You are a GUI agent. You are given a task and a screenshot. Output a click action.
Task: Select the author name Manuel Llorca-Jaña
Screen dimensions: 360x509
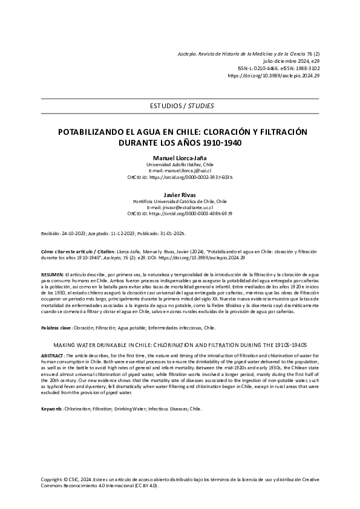click(180, 157)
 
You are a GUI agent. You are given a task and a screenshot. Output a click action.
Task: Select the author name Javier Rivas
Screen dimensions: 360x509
click(180, 195)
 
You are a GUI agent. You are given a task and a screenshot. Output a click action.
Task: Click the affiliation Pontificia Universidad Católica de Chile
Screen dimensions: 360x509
click(180, 201)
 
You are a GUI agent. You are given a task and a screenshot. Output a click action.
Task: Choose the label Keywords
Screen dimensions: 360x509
click(51, 409)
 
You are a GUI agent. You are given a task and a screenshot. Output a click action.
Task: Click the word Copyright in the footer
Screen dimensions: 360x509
click(50, 478)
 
